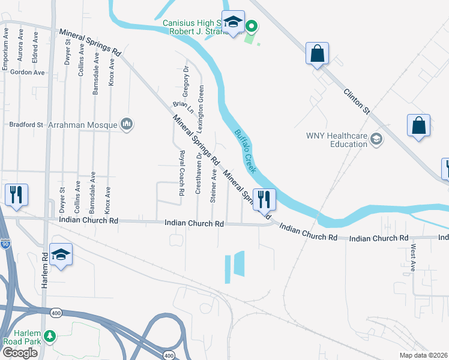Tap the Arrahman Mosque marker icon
tap(126, 124)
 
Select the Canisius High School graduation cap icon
tap(233, 23)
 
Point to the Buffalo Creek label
tap(245, 150)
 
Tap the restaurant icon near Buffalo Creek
tap(264, 199)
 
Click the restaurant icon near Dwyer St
tap(16, 194)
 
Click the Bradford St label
tap(26, 125)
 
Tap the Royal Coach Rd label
tap(181, 174)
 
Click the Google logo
tap(20, 352)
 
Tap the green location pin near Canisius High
tap(252, 26)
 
